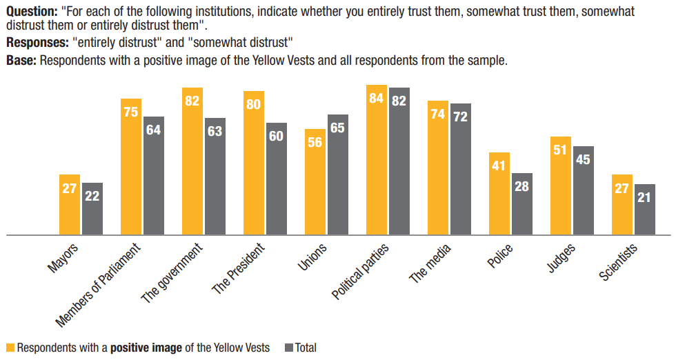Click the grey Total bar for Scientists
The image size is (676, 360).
(645, 210)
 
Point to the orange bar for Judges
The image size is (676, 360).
(561, 186)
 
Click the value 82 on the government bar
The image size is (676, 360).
(192, 101)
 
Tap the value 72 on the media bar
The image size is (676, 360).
(461, 116)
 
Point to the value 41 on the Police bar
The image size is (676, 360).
(499, 166)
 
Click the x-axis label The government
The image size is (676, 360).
(172, 273)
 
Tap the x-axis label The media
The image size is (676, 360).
(432, 264)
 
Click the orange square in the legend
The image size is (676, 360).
(10, 348)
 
